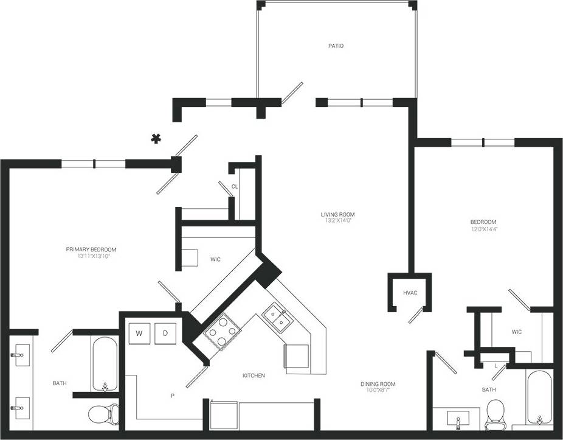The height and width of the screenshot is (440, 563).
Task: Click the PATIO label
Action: click(336, 46)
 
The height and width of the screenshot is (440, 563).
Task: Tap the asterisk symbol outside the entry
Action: click(156, 139)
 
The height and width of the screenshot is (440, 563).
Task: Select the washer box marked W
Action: click(139, 333)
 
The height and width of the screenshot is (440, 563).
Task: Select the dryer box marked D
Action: click(165, 333)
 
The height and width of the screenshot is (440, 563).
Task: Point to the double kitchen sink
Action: click(276, 317)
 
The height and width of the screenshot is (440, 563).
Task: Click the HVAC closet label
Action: click(410, 293)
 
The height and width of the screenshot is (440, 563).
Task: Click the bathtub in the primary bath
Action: click(105, 365)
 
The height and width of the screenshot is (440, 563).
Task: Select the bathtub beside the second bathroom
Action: click(539, 398)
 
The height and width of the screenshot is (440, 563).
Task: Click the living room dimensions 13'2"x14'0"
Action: click(337, 221)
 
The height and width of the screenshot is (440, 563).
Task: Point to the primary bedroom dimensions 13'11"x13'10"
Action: click(91, 256)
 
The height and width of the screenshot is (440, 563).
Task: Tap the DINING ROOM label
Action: click(378, 384)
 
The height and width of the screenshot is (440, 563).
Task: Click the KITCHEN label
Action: click(254, 375)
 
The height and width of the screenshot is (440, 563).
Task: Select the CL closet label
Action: click(234, 187)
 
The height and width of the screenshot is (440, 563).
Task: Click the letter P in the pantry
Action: click(172, 396)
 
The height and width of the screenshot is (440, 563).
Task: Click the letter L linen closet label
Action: click(496, 365)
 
